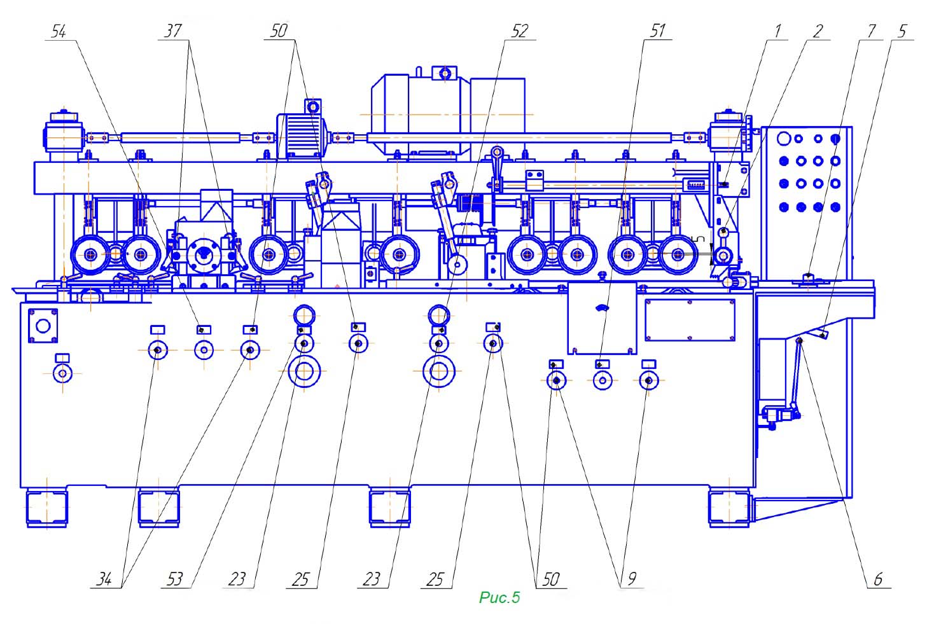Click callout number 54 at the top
pos(59,31)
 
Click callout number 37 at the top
pos(173,31)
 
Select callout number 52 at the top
pos(520,31)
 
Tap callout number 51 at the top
pos(657,31)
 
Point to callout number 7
pos(871,31)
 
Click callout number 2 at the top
pos(818,31)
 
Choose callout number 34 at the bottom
pos(104,579)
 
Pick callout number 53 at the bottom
pos(175,579)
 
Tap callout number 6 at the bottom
pos(879,579)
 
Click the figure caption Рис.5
pos(499,597)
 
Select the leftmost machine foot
pos(46,508)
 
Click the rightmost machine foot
pos(729,508)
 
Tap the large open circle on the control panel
pos(784,139)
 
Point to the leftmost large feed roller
pos(90,254)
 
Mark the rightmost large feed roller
pos(678,254)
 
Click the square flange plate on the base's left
pos(43,326)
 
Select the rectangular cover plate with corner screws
pos(690,320)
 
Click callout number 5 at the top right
pos(903,31)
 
